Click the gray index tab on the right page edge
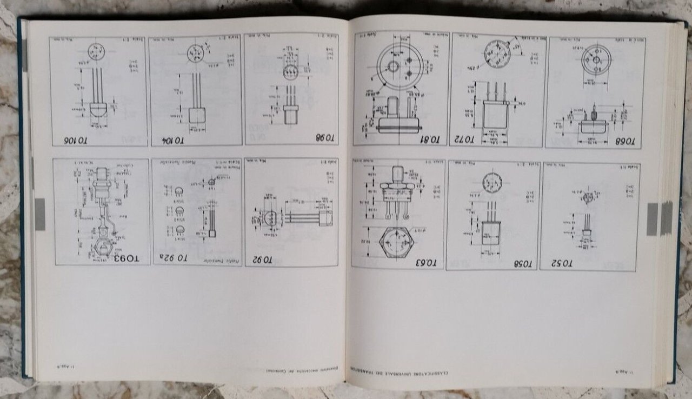[653, 218]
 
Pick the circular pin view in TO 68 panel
[596, 59]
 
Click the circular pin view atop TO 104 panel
[195, 53]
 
